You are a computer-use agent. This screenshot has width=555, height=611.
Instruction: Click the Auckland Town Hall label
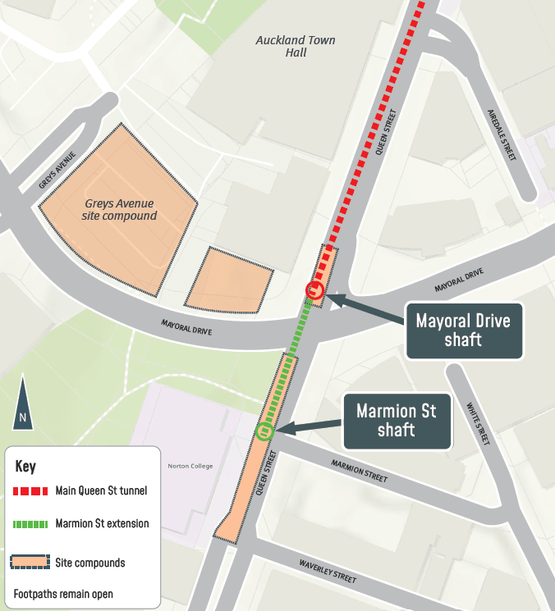(x=296, y=46)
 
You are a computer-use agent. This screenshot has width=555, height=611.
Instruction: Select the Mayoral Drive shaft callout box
(x=464, y=330)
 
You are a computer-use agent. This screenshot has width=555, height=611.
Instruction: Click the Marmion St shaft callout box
(x=397, y=421)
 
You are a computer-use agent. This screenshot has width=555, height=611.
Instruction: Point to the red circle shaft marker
(x=313, y=290)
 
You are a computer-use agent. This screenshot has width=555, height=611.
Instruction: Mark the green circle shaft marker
(x=264, y=431)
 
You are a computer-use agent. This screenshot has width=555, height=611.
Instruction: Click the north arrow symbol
(x=22, y=403)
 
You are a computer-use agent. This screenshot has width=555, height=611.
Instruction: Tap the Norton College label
(x=190, y=466)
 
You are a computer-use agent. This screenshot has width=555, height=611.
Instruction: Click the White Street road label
(x=477, y=423)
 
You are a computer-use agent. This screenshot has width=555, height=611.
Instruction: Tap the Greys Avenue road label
(x=57, y=170)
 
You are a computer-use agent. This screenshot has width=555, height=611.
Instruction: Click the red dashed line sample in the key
(x=31, y=491)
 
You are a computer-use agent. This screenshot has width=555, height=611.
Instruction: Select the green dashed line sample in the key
(x=31, y=523)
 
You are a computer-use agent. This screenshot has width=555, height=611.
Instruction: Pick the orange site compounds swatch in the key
(x=31, y=563)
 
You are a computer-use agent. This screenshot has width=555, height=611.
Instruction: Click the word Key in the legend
(x=25, y=466)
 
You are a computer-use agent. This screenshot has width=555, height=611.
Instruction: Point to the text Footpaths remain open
(x=63, y=594)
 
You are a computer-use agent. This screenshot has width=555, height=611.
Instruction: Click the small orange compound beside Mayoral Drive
(x=229, y=280)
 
